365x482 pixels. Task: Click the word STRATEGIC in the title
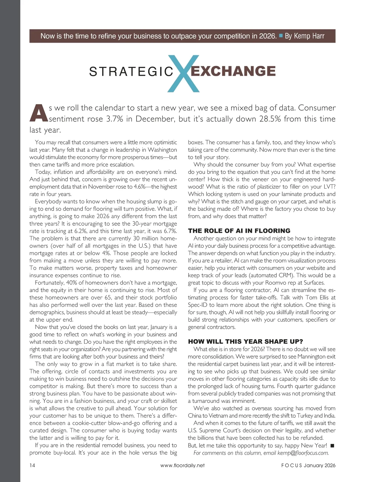pos(131,72)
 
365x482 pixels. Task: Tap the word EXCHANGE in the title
pos(233,71)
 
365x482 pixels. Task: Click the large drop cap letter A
pos(38,113)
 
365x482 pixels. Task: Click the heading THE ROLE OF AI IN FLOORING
pos(239,231)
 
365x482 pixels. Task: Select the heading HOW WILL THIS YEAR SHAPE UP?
pos(245,341)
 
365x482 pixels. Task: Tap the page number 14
pos(32,465)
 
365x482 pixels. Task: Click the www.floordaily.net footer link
pos(182,465)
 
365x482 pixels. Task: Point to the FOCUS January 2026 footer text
pos(308,465)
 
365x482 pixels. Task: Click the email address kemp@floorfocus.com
pos(303,453)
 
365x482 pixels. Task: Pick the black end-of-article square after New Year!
pos(332,445)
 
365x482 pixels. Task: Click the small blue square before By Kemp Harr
pos(281,36)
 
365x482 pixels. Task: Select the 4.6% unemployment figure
pos(140,187)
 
